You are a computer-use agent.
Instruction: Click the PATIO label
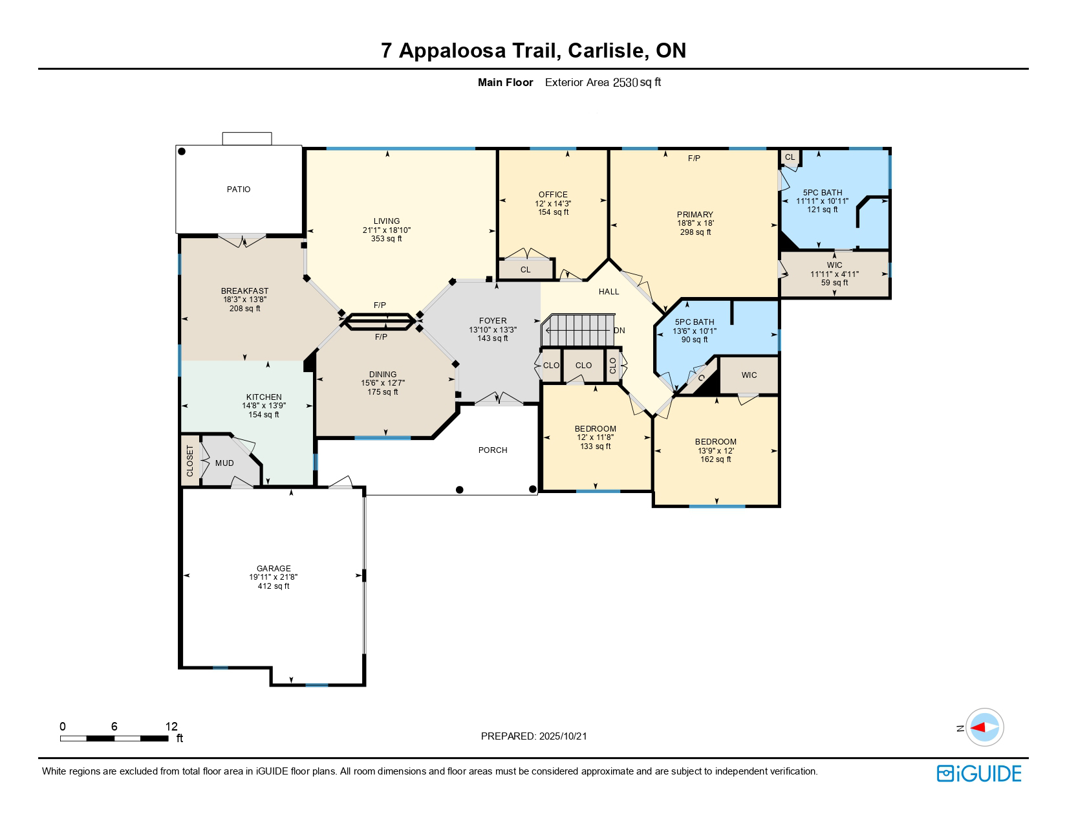pyautogui.click(x=238, y=190)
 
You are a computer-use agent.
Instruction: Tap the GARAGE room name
pyautogui.click(x=273, y=569)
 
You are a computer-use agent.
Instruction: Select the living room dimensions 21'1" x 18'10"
pyautogui.click(x=387, y=230)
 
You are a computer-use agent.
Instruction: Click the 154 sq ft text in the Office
pyautogui.click(x=553, y=212)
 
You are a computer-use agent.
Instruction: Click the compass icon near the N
pyautogui.click(x=984, y=727)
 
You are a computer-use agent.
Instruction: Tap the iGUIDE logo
pyautogui.click(x=979, y=773)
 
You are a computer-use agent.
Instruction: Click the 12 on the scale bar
pyautogui.click(x=171, y=727)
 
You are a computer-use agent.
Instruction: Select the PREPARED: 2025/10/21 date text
pyautogui.click(x=533, y=736)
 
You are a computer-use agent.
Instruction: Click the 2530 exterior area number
pyautogui.click(x=625, y=82)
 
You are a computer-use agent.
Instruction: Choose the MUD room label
pyautogui.click(x=224, y=463)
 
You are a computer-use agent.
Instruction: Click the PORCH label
pyautogui.click(x=493, y=450)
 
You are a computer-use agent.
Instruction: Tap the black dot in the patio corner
pyautogui.click(x=182, y=151)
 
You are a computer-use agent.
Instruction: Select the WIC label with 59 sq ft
pyautogui.click(x=834, y=265)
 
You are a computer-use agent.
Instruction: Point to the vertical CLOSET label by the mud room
pyautogui.click(x=190, y=461)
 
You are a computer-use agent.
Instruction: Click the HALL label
pyautogui.click(x=609, y=292)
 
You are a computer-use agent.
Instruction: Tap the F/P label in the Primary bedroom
pyautogui.click(x=693, y=159)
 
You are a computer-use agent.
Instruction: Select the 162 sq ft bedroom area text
pyautogui.click(x=715, y=459)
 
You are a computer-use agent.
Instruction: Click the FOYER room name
pyautogui.click(x=492, y=321)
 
